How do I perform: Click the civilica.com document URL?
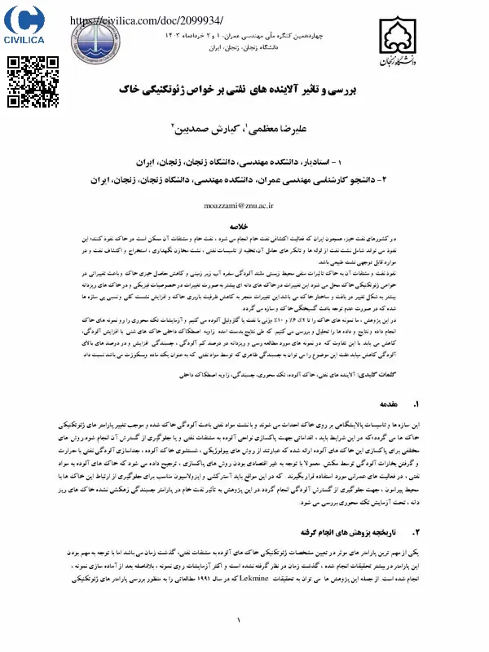tap(147, 20)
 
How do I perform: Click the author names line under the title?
tap(244, 128)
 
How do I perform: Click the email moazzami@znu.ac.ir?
tap(244, 208)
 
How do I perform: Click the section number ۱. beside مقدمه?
tap(416, 404)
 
